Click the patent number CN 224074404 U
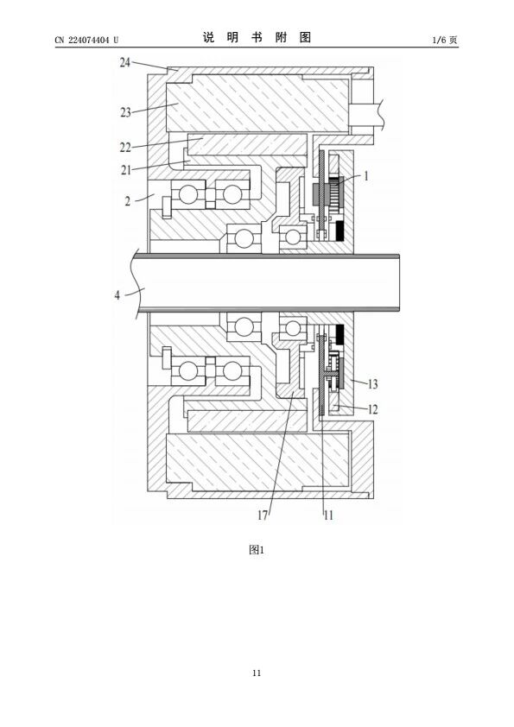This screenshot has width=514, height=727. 86,40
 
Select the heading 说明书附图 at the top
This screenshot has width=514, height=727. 257,37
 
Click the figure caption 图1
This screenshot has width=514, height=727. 257,550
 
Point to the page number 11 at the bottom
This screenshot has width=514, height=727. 257,673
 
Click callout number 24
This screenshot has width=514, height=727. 124,62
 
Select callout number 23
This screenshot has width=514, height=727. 125,112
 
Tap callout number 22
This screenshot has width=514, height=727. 125,148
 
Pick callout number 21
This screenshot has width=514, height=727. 126,170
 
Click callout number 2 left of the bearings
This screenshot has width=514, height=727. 128,201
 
